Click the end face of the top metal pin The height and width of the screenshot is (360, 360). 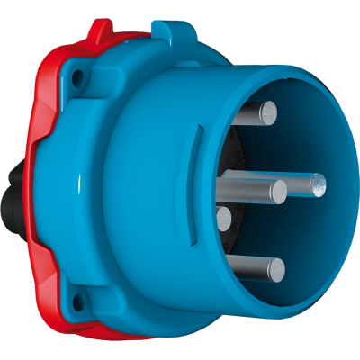coord(268,112)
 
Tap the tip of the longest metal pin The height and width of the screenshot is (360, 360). coord(318,185)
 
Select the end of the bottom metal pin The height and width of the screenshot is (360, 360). coord(276,267)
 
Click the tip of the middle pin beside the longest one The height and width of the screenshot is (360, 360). coord(279,192)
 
